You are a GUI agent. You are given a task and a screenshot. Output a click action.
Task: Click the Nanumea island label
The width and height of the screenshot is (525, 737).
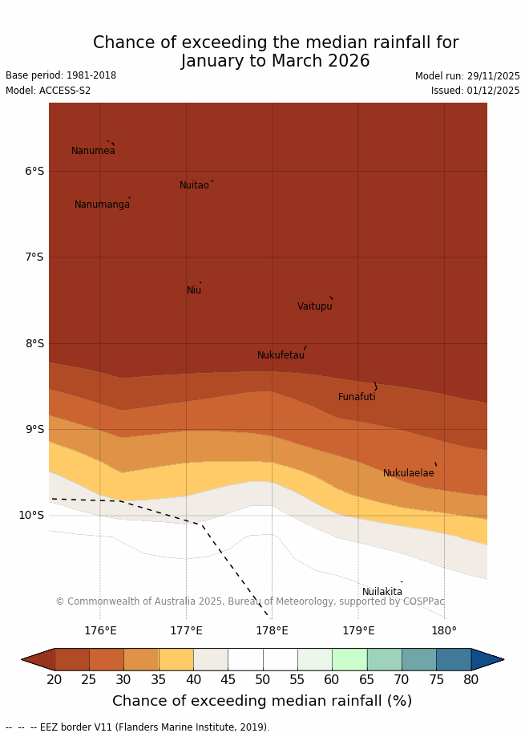click(x=93, y=151)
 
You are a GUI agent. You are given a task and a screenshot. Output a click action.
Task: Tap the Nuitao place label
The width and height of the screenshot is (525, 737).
click(x=194, y=185)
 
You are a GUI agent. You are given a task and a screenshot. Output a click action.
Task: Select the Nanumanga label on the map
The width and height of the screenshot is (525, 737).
click(x=102, y=204)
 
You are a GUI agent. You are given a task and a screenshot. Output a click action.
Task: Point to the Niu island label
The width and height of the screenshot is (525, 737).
click(x=194, y=290)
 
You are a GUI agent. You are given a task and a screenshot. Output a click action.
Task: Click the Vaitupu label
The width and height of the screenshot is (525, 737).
click(x=314, y=306)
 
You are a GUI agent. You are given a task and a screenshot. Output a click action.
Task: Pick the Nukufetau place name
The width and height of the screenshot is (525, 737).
click(x=281, y=355)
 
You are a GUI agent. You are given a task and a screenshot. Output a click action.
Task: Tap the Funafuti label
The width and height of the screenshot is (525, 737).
click(x=357, y=397)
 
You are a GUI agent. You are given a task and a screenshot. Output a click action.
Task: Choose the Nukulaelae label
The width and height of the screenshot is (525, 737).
click(x=408, y=473)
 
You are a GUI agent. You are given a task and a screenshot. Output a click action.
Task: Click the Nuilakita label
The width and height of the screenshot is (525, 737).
click(x=382, y=592)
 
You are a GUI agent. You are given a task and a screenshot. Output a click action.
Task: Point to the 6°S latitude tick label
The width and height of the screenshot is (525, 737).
click(x=34, y=171)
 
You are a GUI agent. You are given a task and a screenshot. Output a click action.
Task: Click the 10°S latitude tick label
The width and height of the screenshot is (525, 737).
click(x=31, y=515)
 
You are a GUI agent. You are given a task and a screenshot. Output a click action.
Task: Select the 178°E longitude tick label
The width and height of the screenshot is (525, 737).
click(x=272, y=631)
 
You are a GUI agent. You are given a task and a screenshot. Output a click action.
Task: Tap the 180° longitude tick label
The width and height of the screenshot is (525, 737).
click(x=444, y=631)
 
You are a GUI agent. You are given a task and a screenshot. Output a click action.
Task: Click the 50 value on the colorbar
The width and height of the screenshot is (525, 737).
click(x=263, y=680)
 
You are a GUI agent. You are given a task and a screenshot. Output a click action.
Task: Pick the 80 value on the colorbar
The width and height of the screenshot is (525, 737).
click(x=470, y=680)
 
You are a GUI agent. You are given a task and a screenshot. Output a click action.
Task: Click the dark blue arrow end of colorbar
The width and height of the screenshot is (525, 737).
click(x=487, y=659)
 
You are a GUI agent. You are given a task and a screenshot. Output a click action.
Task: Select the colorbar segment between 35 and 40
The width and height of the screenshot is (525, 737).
click(x=176, y=659)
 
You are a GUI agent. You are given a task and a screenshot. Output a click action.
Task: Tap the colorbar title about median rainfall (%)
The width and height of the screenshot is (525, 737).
click(x=262, y=701)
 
